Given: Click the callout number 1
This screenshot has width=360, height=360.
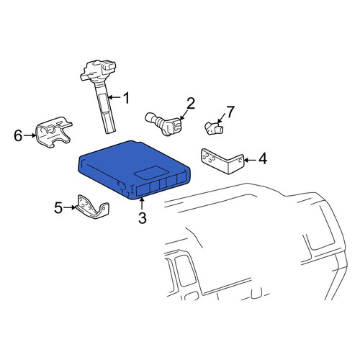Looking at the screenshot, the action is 126,98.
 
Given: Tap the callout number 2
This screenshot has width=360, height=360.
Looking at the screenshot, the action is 191,104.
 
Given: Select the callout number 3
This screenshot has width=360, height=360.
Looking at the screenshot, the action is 143,218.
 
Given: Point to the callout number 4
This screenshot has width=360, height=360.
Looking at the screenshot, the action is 263,158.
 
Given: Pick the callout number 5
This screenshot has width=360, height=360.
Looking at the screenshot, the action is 58,207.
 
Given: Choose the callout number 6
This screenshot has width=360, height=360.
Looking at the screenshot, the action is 18,135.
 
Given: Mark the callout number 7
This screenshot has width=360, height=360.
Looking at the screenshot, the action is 230,112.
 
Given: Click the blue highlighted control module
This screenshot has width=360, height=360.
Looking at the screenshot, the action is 134,170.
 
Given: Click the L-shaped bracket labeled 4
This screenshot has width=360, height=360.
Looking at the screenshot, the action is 222,161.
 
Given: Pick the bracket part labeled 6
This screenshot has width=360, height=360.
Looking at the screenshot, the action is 54,132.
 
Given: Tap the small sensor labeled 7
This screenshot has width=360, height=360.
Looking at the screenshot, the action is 214,128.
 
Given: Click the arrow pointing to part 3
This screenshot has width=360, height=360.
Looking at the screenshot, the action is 142,204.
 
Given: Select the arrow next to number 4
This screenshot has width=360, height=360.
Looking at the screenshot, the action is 250,159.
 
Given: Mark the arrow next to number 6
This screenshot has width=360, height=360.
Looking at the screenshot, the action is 30,135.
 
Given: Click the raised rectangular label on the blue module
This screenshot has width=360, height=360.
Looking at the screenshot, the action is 149,172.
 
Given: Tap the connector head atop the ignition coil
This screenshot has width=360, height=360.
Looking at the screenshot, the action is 99,70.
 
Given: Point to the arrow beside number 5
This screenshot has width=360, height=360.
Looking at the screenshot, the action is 71,207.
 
